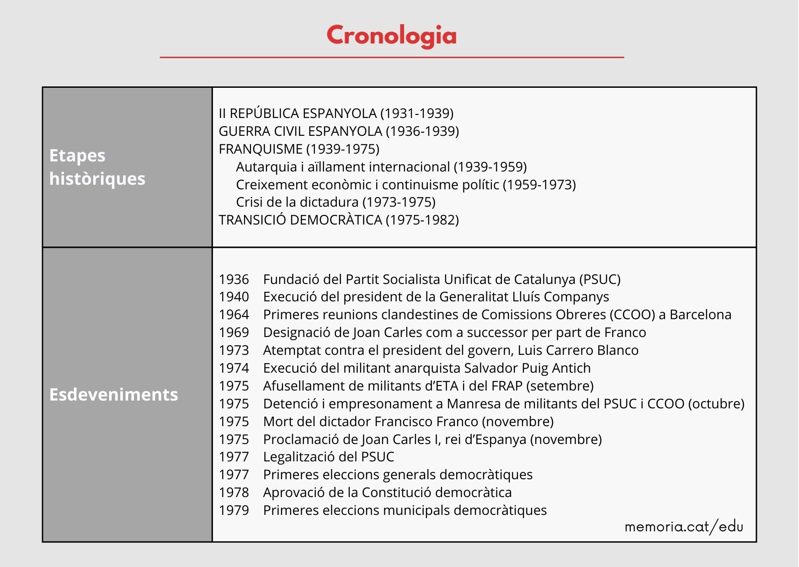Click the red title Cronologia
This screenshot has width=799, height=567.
pyautogui.click(x=392, y=36)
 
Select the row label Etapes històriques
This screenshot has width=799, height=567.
pyautogui.click(x=97, y=167)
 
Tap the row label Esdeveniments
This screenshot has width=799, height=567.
pyautogui.click(x=113, y=394)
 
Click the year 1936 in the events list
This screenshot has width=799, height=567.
pyautogui.click(x=234, y=279)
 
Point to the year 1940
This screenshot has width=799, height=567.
pyautogui.click(x=234, y=297)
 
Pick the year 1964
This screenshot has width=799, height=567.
pyautogui.click(x=234, y=315)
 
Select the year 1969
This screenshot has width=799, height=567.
pyautogui.click(x=234, y=332)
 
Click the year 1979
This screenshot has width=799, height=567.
pyautogui.click(x=234, y=510)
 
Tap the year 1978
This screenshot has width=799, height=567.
pyautogui.click(x=234, y=492)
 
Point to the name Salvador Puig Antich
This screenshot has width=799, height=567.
pyautogui.click(x=527, y=368)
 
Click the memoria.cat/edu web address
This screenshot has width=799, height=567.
pyautogui.click(x=683, y=527)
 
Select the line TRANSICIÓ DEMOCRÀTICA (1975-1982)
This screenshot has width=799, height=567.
pyautogui.click(x=339, y=220)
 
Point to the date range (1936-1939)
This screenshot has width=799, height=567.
pyautogui.click(x=422, y=131)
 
